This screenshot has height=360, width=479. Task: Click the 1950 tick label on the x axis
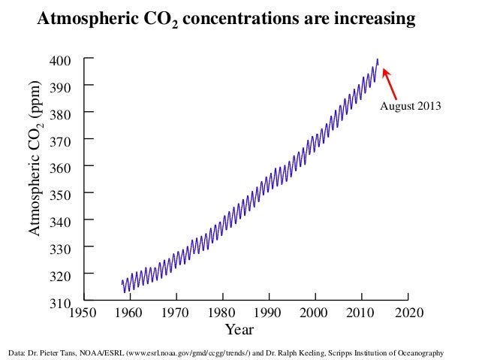click(83, 312)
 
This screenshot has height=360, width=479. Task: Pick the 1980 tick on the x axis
click(221, 312)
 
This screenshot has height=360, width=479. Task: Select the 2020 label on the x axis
click(408, 312)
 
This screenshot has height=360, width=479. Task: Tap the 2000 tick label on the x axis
click(315, 312)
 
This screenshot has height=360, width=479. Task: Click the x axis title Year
click(240, 329)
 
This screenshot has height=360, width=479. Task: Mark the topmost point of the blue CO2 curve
click(377, 59)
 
